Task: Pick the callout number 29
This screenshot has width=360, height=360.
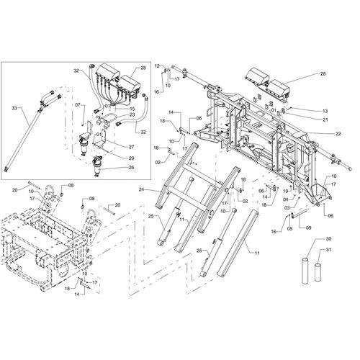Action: [131, 157]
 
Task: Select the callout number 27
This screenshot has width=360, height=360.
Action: [131, 146]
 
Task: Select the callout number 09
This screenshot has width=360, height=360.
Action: [309, 228]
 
